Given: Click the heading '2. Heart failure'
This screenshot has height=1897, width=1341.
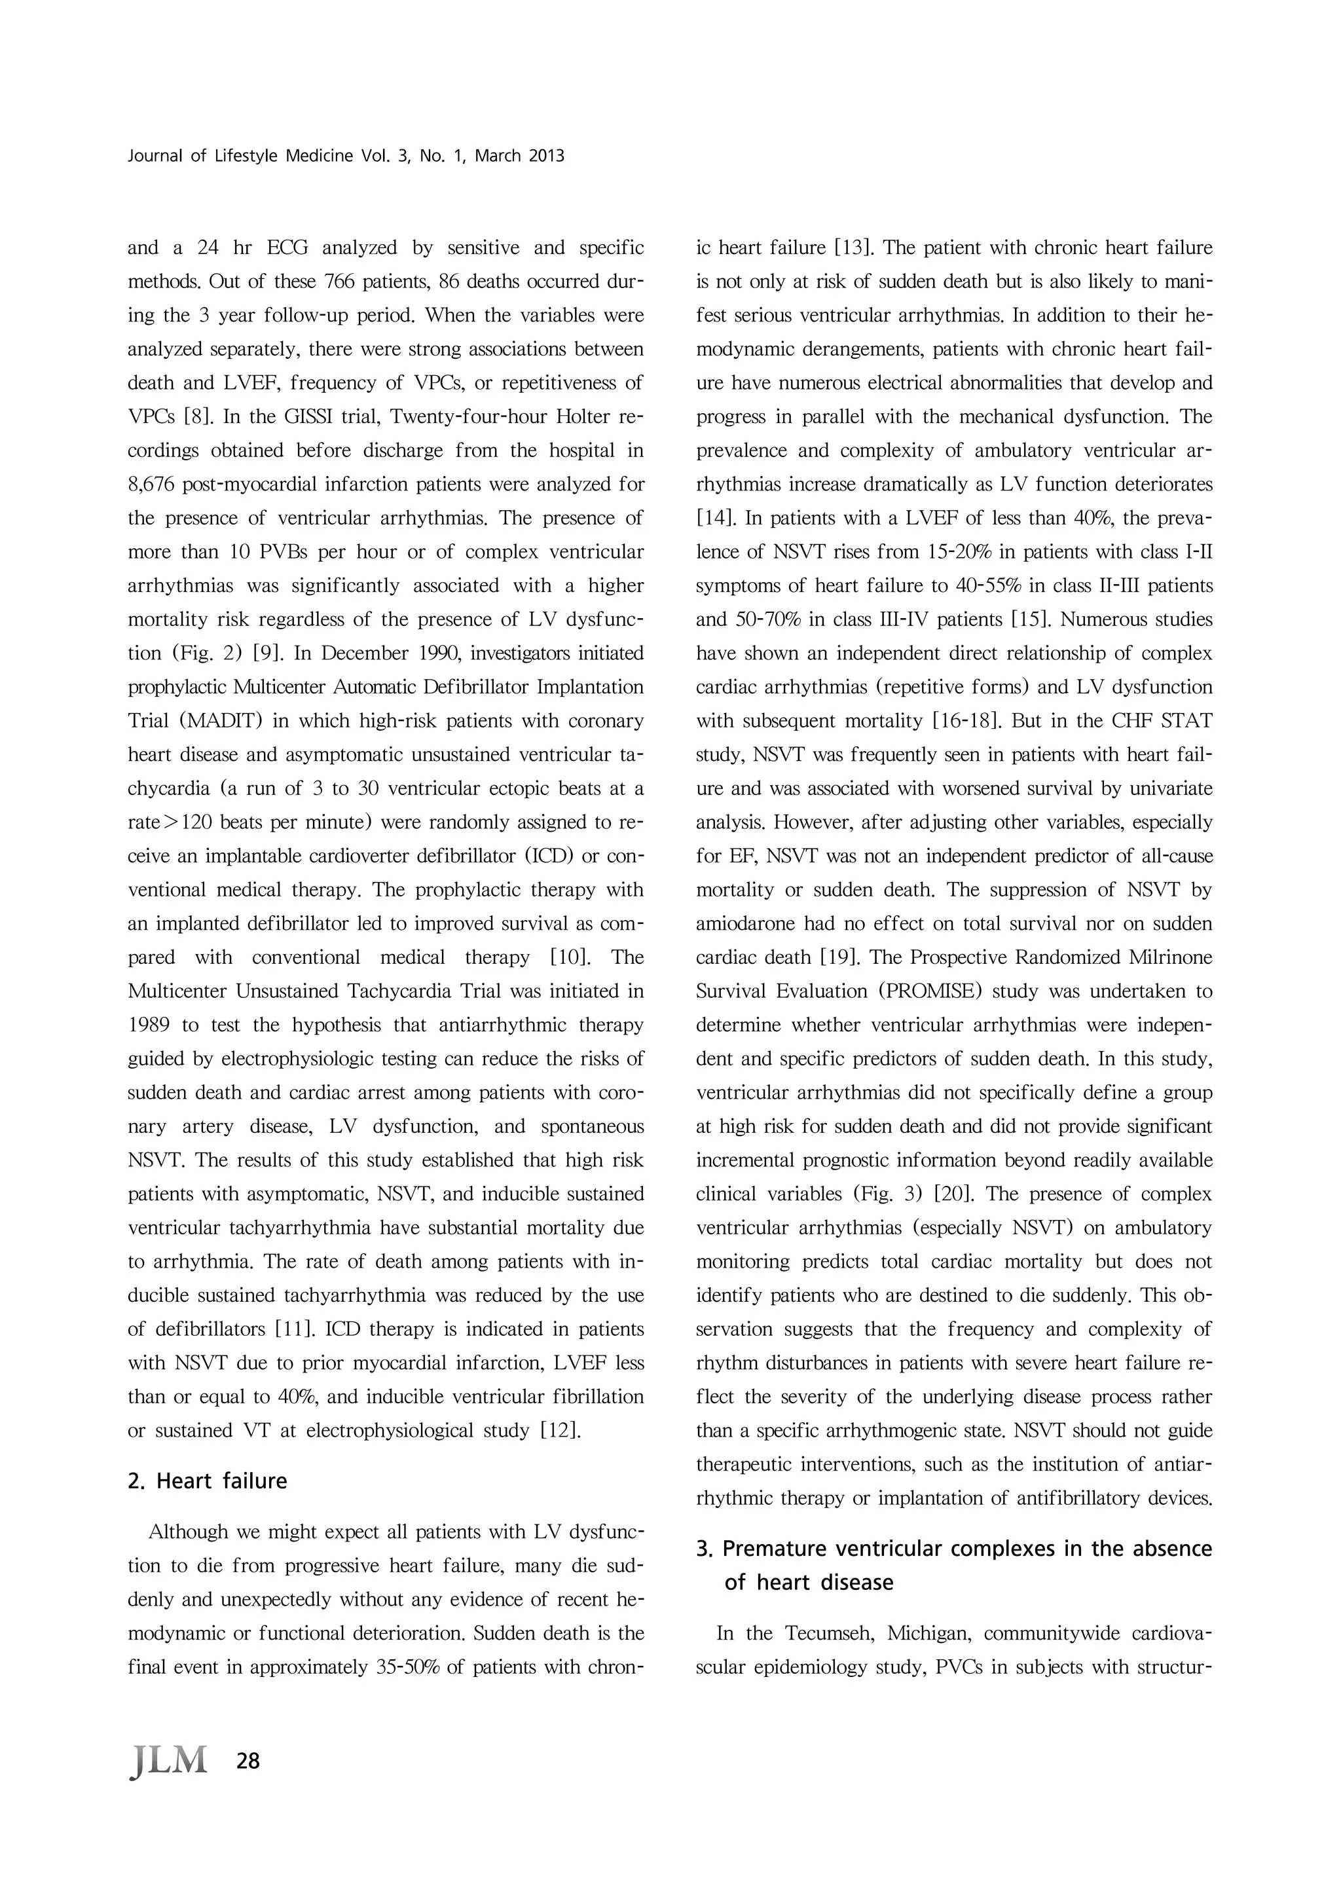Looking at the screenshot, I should [208, 1481].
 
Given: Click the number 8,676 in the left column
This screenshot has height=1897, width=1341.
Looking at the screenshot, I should [152, 484].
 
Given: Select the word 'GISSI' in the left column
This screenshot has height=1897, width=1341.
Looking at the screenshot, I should [306, 416].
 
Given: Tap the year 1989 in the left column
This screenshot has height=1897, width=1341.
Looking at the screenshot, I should [149, 1025].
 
